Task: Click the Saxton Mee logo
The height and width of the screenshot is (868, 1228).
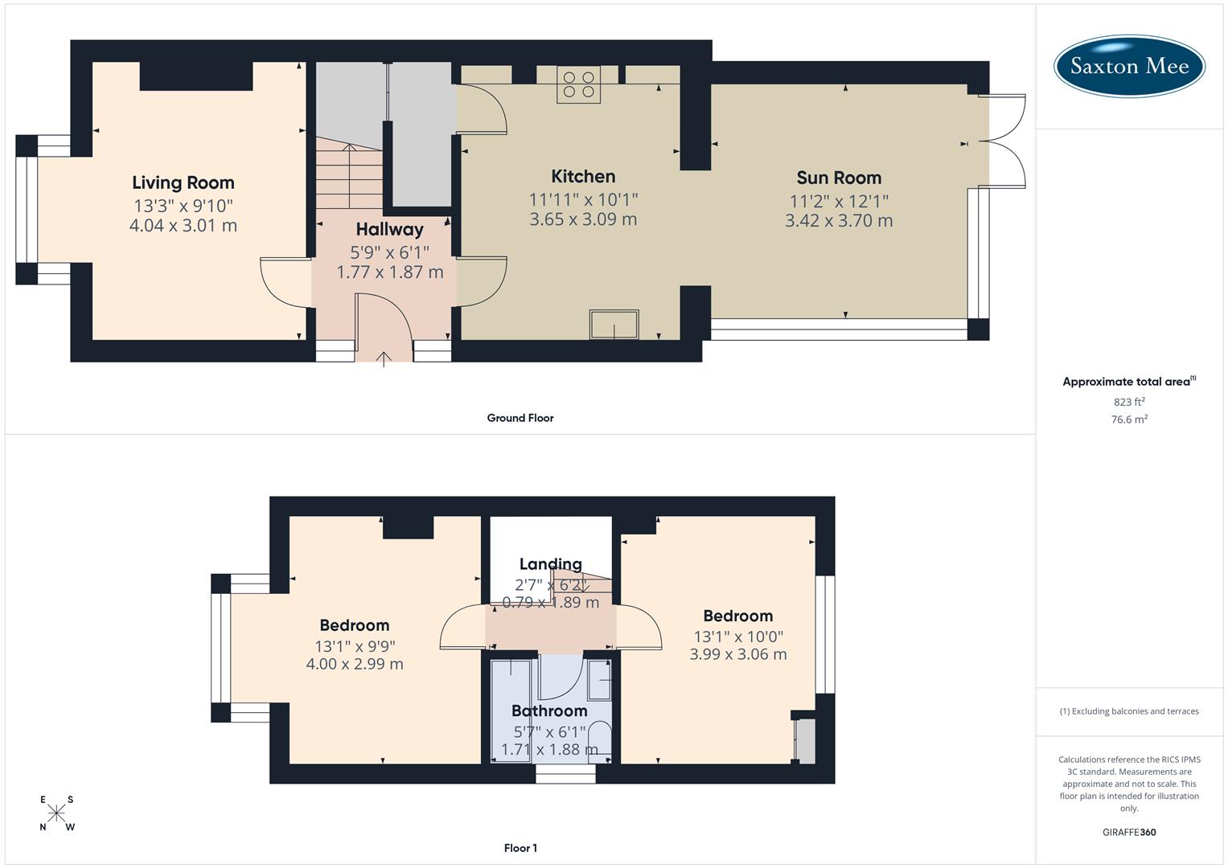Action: (x=1129, y=66)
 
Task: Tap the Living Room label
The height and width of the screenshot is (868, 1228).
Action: (x=183, y=182)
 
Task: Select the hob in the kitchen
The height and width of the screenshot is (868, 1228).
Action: (x=579, y=84)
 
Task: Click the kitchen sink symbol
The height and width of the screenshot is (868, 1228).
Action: (x=614, y=325)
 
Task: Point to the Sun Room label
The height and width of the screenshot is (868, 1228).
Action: (x=839, y=178)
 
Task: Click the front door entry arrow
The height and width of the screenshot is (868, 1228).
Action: (x=384, y=358)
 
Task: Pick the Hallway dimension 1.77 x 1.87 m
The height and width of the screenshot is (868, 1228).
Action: (x=390, y=272)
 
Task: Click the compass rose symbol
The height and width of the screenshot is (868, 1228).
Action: (x=56, y=813)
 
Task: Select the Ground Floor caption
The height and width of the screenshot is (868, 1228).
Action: (x=520, y=418)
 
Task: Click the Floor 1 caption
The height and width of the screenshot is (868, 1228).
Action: (x=520, y=848)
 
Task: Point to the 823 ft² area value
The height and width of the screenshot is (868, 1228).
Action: (x=1129, y=402)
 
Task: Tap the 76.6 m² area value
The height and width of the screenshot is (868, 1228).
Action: (x=1129, y=420)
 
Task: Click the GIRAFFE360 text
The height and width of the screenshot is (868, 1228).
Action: (x=1129, y=833)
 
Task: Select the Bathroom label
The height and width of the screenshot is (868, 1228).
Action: (x=549, y=710)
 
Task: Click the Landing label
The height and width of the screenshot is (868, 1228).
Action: (x=550, y=564)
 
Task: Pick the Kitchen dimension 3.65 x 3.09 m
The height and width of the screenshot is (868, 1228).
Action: (x=583, y=219)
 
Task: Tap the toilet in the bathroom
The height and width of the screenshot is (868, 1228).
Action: (x=599, y=739)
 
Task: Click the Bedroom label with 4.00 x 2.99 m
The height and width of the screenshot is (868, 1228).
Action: (x=355, y=625)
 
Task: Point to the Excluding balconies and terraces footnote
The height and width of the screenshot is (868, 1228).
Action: (x=1129, y=711)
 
